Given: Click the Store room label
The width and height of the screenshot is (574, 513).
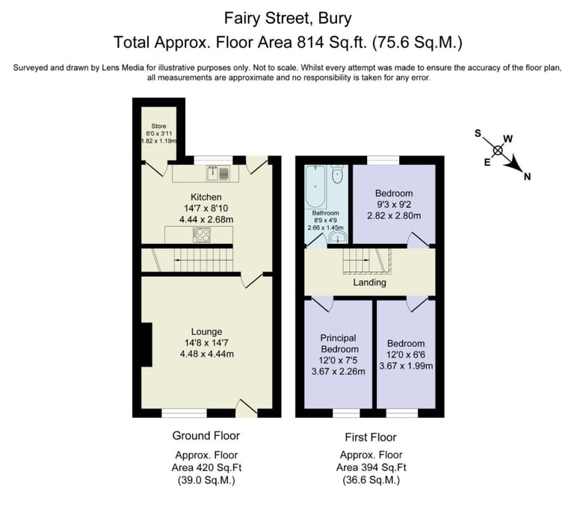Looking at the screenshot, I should (158, 126).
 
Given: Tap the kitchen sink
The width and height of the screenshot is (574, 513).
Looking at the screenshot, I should (218, 173).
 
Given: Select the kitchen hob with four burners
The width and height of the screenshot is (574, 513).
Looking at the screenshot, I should (202, 235).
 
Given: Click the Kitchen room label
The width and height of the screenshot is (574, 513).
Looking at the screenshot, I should (206, 197).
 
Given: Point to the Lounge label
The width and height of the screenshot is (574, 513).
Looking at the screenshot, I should (206, 332).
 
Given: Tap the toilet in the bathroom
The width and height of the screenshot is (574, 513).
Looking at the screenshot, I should (337, 176).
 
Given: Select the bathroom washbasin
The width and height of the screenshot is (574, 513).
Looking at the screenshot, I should (337, 238).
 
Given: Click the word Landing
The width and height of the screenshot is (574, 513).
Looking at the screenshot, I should (369, 283).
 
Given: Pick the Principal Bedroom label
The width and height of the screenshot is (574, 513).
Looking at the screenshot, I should (339, 343).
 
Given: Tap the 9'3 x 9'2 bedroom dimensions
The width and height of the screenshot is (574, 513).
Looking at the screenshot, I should (394, 205).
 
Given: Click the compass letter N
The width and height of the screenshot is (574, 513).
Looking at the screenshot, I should (527, 176).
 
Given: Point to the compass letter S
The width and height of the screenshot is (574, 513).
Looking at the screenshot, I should (478, 132).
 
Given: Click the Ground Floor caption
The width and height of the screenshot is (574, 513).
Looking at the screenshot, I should (206, 435).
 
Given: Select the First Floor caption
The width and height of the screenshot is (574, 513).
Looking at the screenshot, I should (371, 437).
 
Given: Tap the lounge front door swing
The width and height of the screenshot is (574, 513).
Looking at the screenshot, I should (245, 408).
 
